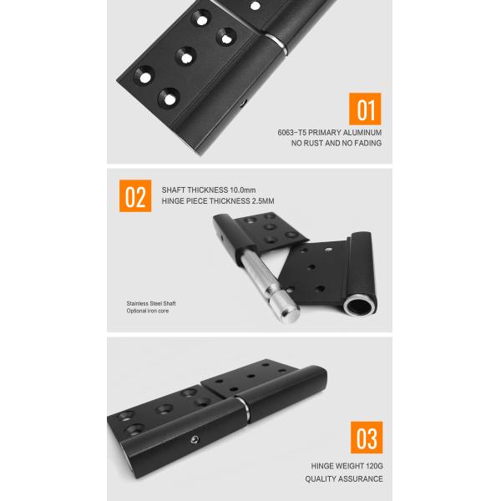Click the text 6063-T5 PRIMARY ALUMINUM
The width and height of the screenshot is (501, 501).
coord(330,133)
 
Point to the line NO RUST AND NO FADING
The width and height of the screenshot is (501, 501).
coord(337,144)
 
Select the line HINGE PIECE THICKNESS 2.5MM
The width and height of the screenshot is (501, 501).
coord(219,201)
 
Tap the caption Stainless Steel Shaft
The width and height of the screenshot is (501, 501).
coord(151,303)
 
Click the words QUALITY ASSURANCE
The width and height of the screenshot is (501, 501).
coord(343,479)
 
